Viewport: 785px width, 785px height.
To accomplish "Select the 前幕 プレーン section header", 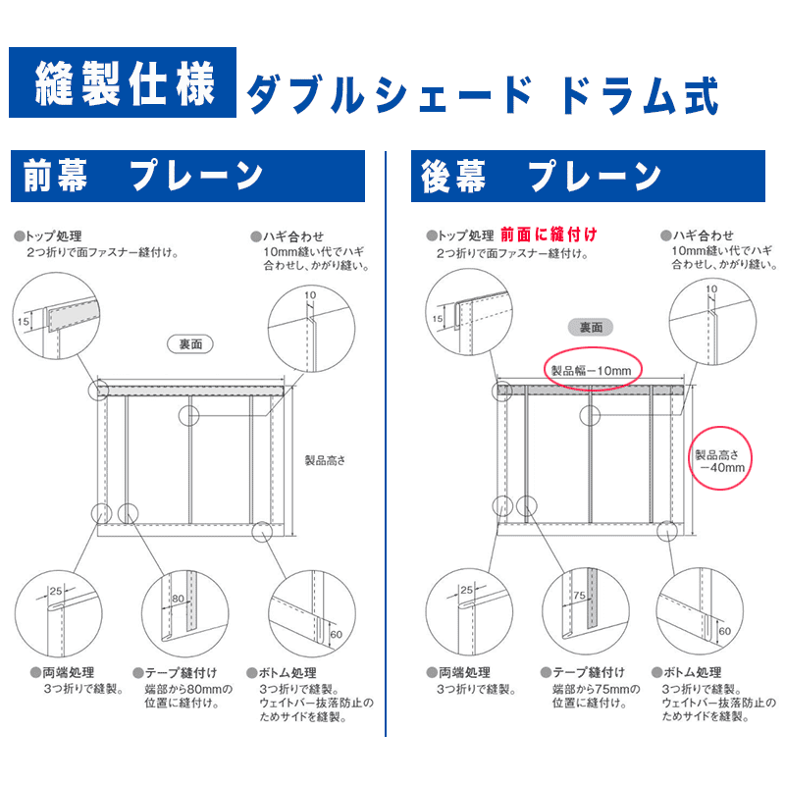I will click(x=186, y=177).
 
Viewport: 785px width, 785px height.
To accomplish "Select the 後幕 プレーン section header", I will click(x=587, y=177).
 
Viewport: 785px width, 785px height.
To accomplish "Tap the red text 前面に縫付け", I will click(x=548, y=235).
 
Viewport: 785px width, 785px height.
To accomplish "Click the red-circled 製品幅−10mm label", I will click(x=593, y=370).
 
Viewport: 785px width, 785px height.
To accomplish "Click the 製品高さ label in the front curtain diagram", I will click(x=325, y=460).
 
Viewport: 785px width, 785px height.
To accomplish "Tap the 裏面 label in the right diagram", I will click(x=592, y=328).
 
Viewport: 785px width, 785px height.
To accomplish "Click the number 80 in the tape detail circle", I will click(x=178, y=597).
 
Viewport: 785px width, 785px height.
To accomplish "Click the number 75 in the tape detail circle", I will click(x=578, y=596).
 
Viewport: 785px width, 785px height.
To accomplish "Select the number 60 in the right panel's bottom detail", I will click(x=724, y=630).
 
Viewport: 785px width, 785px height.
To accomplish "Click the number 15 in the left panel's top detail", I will click(x=24, y=319).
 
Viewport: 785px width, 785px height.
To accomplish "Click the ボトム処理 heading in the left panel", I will click(x=283, y=672).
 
